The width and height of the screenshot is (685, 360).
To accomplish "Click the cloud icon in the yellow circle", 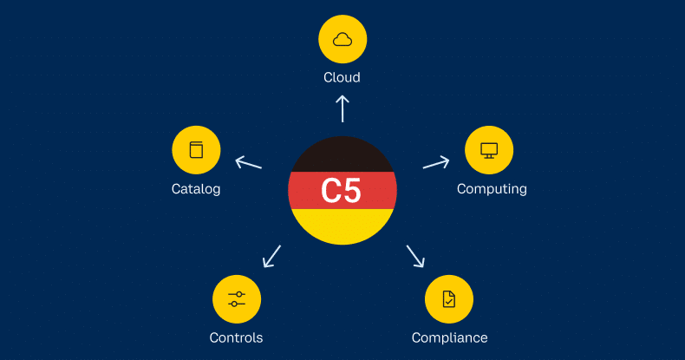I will coord(342,39).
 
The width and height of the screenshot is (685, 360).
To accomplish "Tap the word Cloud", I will coord(342,77).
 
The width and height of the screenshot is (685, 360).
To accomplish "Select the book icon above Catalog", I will coord(196,150).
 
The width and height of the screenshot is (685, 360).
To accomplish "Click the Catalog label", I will coord(196,188).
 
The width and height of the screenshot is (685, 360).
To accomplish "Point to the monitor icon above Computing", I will coord(489,150).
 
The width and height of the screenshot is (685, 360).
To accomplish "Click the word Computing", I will coord(492,188).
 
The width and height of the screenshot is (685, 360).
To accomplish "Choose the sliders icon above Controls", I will coord(237,299).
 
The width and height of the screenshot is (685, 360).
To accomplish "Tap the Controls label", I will coord(236,337).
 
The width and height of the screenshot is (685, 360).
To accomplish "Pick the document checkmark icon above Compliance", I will coord(448,299).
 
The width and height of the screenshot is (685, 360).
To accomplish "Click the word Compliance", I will coord(449,337).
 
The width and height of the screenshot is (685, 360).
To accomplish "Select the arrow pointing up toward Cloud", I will coord(342,108).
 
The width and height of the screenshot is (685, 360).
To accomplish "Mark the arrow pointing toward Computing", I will coord(436,162).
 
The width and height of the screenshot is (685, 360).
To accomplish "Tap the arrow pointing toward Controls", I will coord(271,256).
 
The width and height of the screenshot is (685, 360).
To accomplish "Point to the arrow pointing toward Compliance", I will coord(415,256).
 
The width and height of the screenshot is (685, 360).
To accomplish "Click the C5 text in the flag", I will coord(342,191).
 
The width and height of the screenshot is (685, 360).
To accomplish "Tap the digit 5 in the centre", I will coord(353,191).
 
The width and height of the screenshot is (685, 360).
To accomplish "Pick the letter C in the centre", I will coord(331,191).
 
